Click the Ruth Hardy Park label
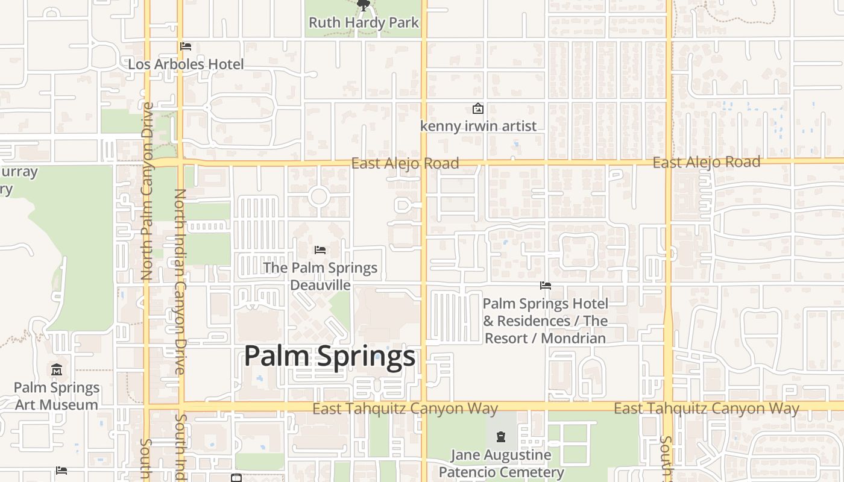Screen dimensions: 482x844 364,23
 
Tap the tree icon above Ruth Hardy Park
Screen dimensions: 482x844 363,6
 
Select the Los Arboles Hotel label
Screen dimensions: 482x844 186,64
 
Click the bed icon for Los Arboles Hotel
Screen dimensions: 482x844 186,46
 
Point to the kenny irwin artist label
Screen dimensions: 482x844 478,126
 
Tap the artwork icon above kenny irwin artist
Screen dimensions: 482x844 477,109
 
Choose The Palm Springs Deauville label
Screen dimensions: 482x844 320,276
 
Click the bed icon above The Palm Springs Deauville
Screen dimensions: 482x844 320,249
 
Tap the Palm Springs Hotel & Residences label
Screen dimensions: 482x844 545,321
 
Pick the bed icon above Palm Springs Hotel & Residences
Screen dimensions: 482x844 546,286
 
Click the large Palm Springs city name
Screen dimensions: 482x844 330,356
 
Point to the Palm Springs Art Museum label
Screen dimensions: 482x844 57,396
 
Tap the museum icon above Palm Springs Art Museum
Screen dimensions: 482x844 57,369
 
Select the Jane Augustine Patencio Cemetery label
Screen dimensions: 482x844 501,463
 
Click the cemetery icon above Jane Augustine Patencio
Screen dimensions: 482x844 501,436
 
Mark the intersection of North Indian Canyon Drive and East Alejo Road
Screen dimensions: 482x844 180,163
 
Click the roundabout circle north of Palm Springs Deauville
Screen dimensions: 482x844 318,196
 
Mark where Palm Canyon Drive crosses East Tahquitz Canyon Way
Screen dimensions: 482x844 146,407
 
